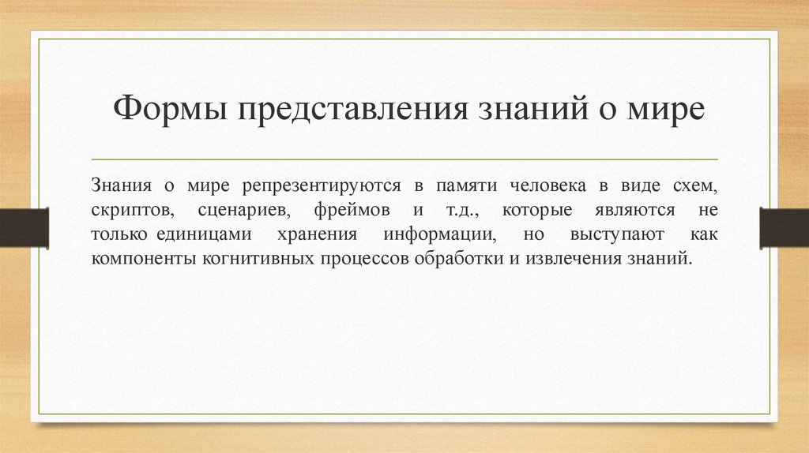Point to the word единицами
coord(203,234)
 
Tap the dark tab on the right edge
coord(784,226)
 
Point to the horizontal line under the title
coord(404,159)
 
